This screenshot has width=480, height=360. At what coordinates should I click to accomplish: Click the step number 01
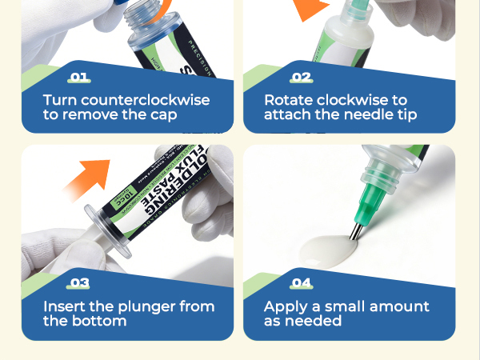click(80, 78)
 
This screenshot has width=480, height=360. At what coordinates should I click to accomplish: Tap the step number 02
click(301, 78)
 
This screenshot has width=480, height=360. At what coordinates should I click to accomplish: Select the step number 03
click(80, 283)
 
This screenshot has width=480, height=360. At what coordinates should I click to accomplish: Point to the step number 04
click(301, 283)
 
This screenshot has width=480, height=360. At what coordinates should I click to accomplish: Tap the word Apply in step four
click(286, 306)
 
